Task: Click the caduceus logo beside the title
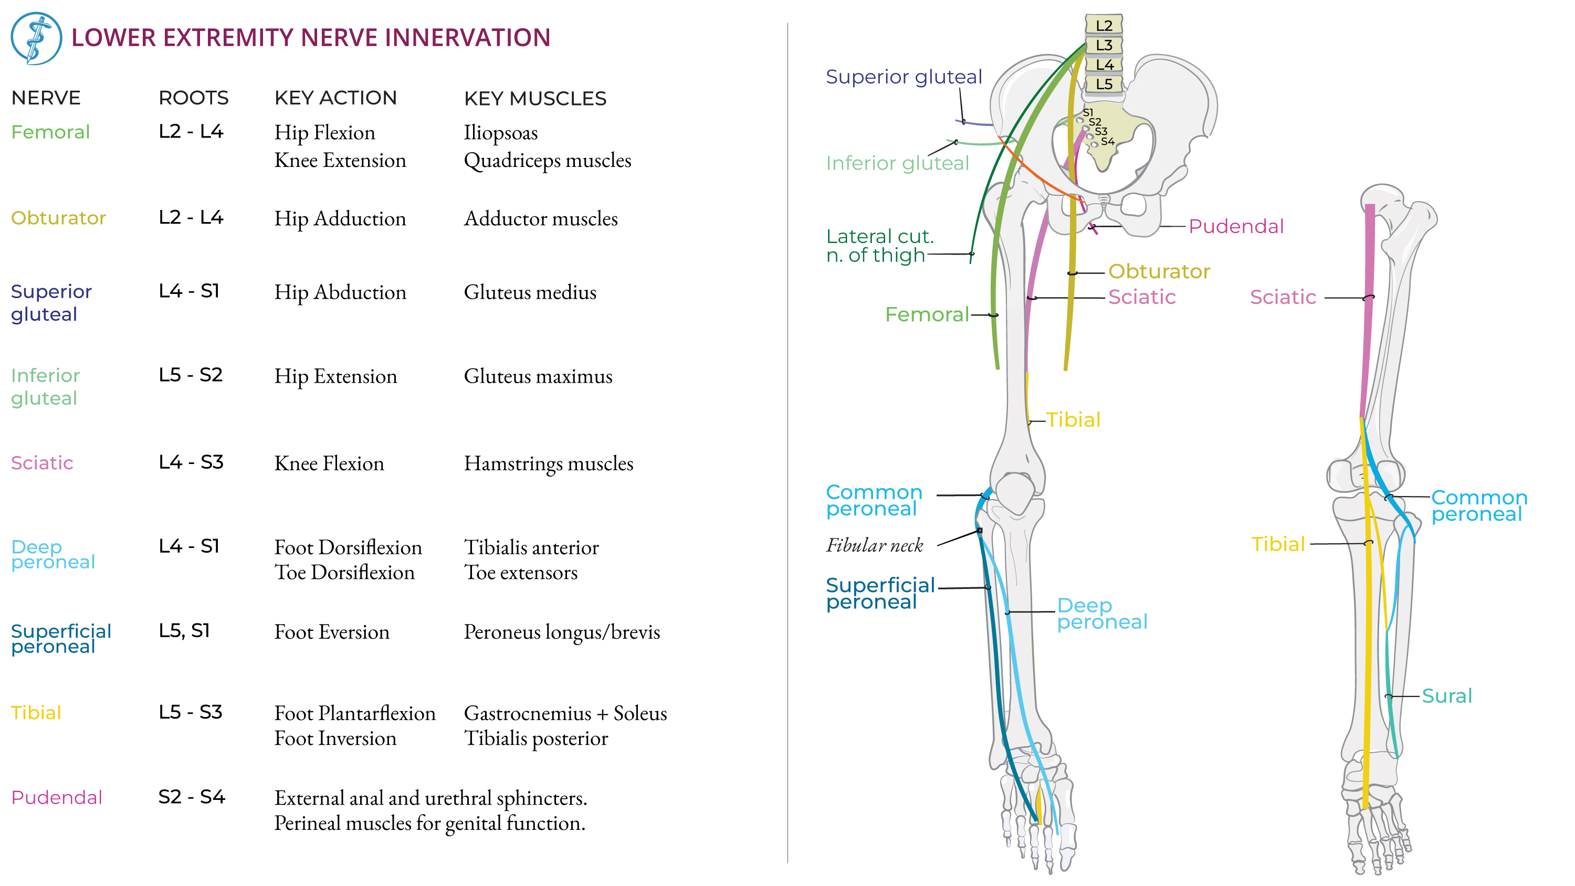click(x=36, y=38)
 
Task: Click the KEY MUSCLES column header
click(x=535, y=99)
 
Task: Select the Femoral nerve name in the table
click(x=51, y=132)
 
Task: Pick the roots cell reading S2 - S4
click(x=192, y=797)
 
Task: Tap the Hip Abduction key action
click(x=340, y=292)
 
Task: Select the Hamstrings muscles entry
click(x=549, y=463)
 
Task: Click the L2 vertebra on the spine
click(x=1104, y=25)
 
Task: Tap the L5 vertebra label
click(x=1104, y=84)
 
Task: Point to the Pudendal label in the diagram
click(x=1236, y=226)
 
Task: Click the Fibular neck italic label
click(x=874, y=545)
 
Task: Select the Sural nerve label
click(x=1446, y=696)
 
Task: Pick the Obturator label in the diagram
click(x=1159, y=271)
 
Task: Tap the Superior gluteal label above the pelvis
click(x=904, y=77)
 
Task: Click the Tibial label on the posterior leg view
click(x=1278, y=544)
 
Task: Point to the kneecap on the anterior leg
click(x=1015, y=493)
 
